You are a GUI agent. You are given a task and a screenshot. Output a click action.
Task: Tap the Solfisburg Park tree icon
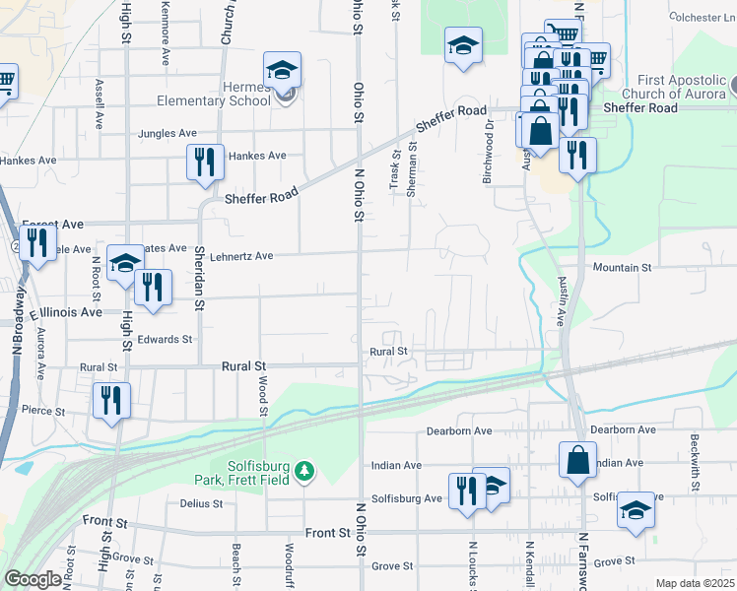[305, 472]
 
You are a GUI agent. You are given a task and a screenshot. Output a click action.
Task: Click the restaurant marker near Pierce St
[110, 400]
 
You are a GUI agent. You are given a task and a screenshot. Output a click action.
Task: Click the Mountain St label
[622, 267]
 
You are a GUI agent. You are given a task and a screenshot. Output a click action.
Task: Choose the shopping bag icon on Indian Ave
[577, 460]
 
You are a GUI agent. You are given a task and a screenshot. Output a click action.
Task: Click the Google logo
[33, 579]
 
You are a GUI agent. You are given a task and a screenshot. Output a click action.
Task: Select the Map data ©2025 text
[695, 583]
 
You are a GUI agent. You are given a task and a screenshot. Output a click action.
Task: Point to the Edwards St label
[165, 340]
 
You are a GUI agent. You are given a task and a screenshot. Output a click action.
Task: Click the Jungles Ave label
[167, 133]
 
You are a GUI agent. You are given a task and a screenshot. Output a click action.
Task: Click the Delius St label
[201, 503]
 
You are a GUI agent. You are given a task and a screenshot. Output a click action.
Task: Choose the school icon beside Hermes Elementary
[282, 70]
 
